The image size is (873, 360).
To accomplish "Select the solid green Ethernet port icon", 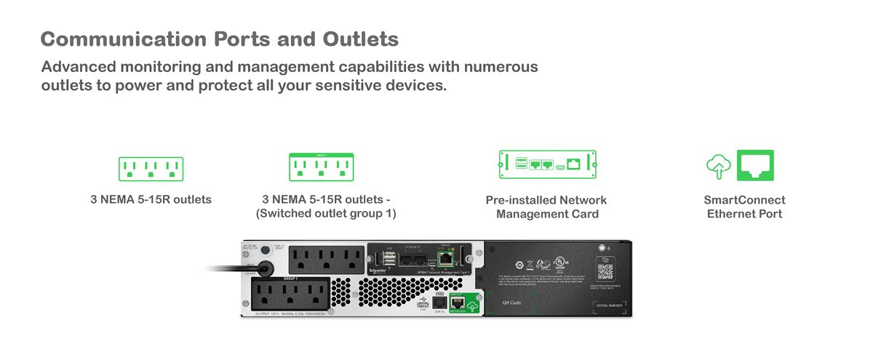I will [x=755, y=165].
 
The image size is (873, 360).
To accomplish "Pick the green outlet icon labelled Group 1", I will [x=321, y=167].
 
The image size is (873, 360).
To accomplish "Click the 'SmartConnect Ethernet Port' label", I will [x=744, y=207].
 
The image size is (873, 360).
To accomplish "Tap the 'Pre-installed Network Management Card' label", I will [x=546, y=207].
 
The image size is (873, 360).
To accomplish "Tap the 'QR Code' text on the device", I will [x=512, y=303].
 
